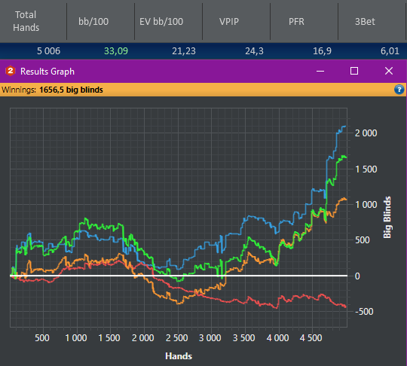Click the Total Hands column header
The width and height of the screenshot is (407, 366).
[x=26, y=21]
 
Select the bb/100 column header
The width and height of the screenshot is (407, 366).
[x=93, y=22]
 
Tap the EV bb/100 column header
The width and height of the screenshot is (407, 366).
[x=161, y=22]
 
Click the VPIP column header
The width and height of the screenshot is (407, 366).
[x=229, y=22]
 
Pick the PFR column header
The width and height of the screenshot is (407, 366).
[x=296, y=22]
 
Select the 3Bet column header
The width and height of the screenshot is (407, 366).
[x=365, y=22]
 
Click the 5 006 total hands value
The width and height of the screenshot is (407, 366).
[x=48, y=51]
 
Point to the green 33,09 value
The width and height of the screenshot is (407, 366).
[x=116, y=51]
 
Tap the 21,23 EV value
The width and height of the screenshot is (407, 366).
[x=184, y=51]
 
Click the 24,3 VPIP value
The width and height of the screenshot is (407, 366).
[x=255, y=51]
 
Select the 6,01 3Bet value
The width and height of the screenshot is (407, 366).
[x=390, y=51]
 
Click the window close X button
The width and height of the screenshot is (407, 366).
[x=389, y=71]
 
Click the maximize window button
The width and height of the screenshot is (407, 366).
[x=354, y=71]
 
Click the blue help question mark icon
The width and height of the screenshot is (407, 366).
[x=399, y=90]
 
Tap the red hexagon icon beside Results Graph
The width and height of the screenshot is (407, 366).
[x=11, y=71]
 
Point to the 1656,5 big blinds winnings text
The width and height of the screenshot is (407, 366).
[x=71, y=90]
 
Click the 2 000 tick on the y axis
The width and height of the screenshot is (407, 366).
[x=366, y=133]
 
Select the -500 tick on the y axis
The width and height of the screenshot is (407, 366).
[x=364, y=312]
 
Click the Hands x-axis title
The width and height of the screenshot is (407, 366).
[x=179, y=356]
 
